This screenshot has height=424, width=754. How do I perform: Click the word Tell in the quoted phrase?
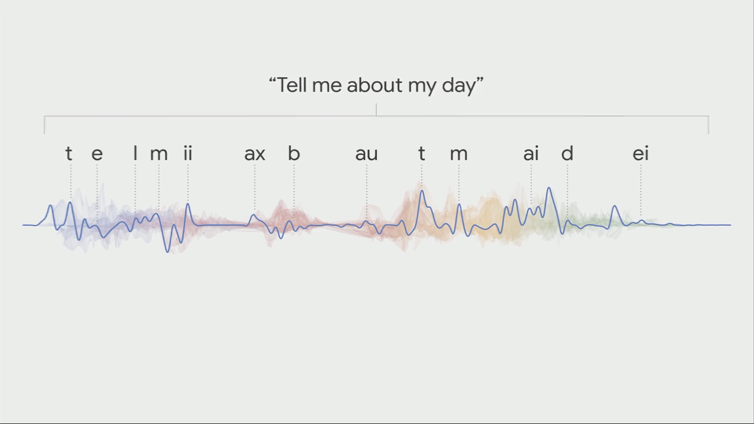(x=291, y=85)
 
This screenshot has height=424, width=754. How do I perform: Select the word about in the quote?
(x=375, y=85)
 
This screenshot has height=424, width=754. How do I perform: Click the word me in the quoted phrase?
(x=327, y=87)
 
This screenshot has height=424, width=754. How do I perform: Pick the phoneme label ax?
(x=255, y=154)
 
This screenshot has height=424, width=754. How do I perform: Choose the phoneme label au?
(x=367, y=154)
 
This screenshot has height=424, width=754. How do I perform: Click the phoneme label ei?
(x=640, y=153)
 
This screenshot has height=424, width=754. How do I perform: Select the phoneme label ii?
(x=188, y=153)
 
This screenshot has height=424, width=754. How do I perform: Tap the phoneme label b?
(x=294, y=153)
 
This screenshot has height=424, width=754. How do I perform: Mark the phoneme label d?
(x=567, y=153)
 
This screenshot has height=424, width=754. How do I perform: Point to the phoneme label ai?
(x=531, y=153)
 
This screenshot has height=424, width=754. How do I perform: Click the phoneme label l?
(x=135, y=153)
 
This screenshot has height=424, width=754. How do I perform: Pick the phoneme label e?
(x=97, y=154)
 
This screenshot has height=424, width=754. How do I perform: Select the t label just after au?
(x=422, y=154)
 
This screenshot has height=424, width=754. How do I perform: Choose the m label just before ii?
(x=159, y=154)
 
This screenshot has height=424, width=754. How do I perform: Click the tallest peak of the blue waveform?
(x=549, y=187)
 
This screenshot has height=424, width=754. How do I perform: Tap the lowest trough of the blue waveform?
(x=167, y=252)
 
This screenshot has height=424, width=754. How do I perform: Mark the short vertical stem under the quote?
(x=376, y=110)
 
